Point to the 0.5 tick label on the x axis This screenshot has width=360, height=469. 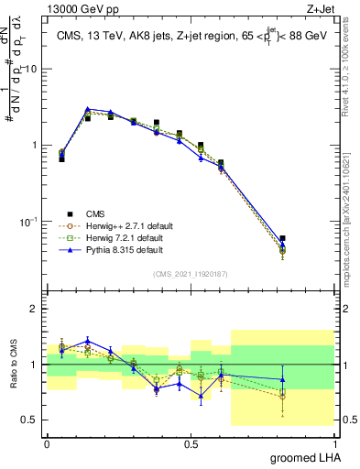191,442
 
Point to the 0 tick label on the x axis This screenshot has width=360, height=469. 47,442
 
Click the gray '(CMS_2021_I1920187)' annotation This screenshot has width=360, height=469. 191,274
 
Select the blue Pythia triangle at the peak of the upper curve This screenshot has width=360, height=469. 87,109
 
